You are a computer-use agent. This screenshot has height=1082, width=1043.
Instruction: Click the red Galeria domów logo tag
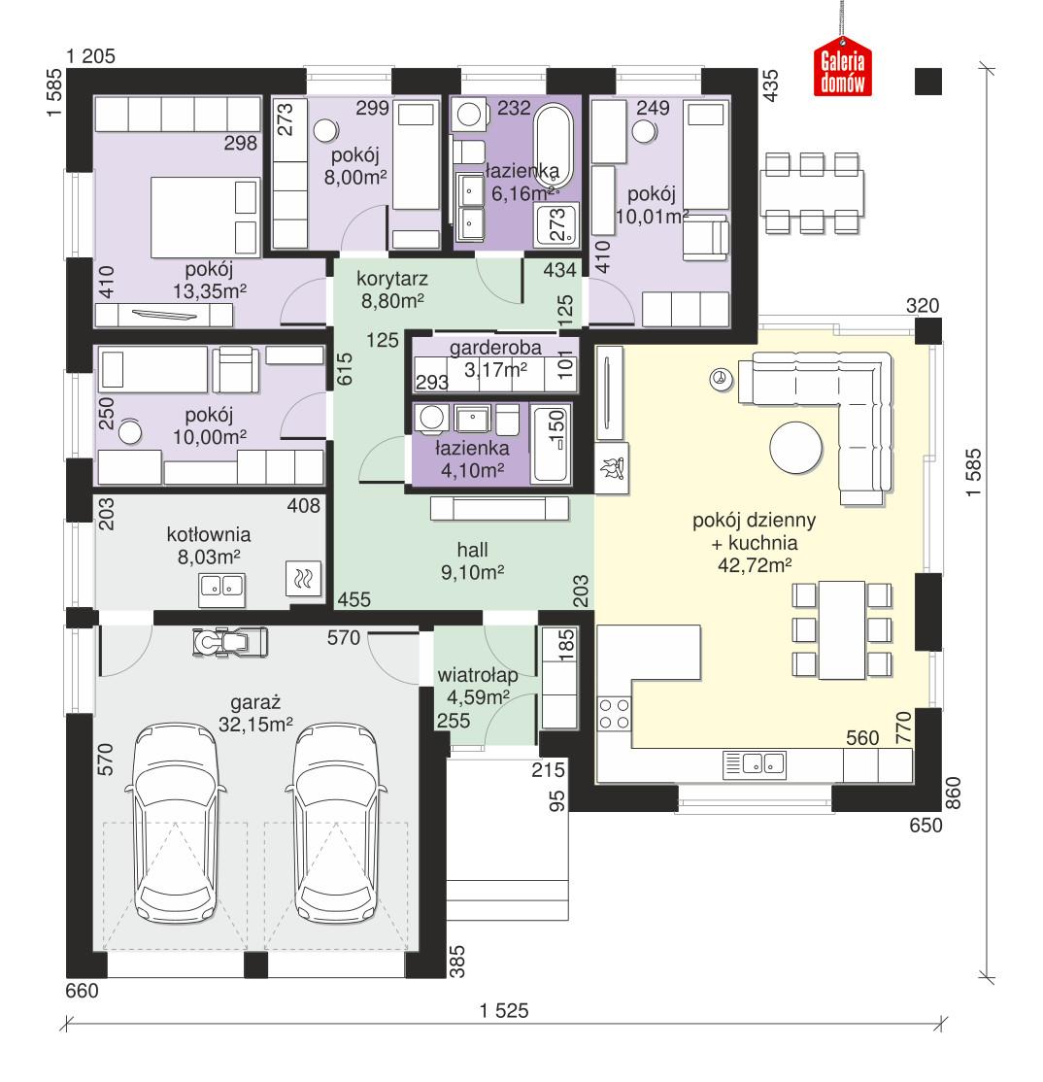(x=842, y=69)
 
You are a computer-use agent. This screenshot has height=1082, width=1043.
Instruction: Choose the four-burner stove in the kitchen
(x=615, y=714)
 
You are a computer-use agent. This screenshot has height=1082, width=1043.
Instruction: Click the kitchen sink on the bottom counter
(x=755, y=763)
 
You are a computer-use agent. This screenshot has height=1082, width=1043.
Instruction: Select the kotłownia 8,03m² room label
(x=209, y=544)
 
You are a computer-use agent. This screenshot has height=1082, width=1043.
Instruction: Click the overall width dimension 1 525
(x=503, y=1011)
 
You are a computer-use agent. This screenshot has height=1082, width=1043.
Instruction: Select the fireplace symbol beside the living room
(x=612, y=470)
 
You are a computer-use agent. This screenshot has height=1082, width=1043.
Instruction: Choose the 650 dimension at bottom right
(x=925, y=827)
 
